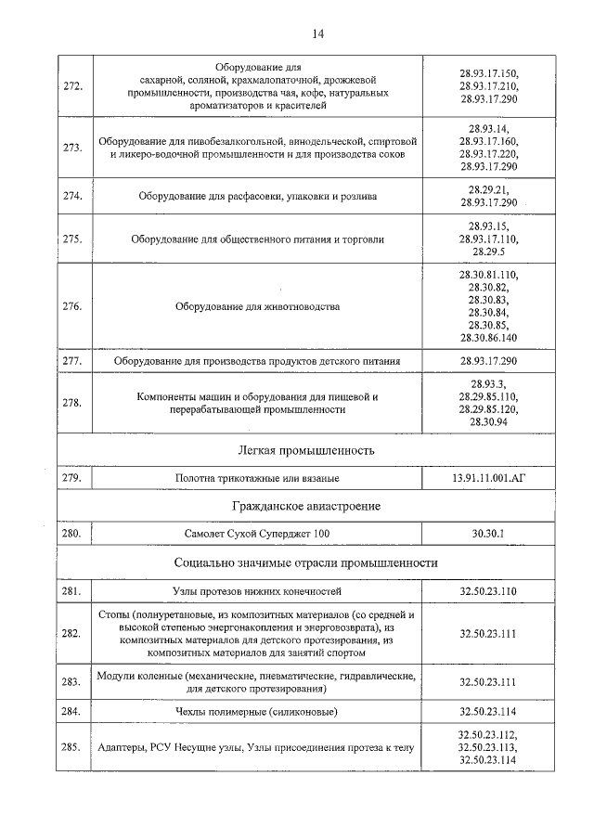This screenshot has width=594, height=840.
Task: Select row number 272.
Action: (72, 86)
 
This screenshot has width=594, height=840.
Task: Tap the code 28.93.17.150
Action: (488, 72)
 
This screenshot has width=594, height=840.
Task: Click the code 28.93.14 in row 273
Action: (488, 128)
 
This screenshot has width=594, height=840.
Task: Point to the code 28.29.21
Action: (488, 188)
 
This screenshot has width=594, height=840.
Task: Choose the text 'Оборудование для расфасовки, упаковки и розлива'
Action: (258, 196)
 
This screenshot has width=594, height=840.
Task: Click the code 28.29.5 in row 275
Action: (488, 252)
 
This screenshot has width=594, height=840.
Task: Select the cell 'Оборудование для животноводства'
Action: (258, 306)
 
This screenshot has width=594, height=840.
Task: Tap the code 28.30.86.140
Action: (488, 338)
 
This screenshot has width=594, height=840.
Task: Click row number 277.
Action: (72, 360)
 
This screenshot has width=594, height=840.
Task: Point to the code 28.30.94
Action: (488, 421)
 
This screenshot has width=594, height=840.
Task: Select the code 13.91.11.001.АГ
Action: (488, 478)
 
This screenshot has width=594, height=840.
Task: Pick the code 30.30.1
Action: (488, 534)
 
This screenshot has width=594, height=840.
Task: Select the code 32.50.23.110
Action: (488, 590)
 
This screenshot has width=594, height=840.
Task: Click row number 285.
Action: (72, 747)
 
